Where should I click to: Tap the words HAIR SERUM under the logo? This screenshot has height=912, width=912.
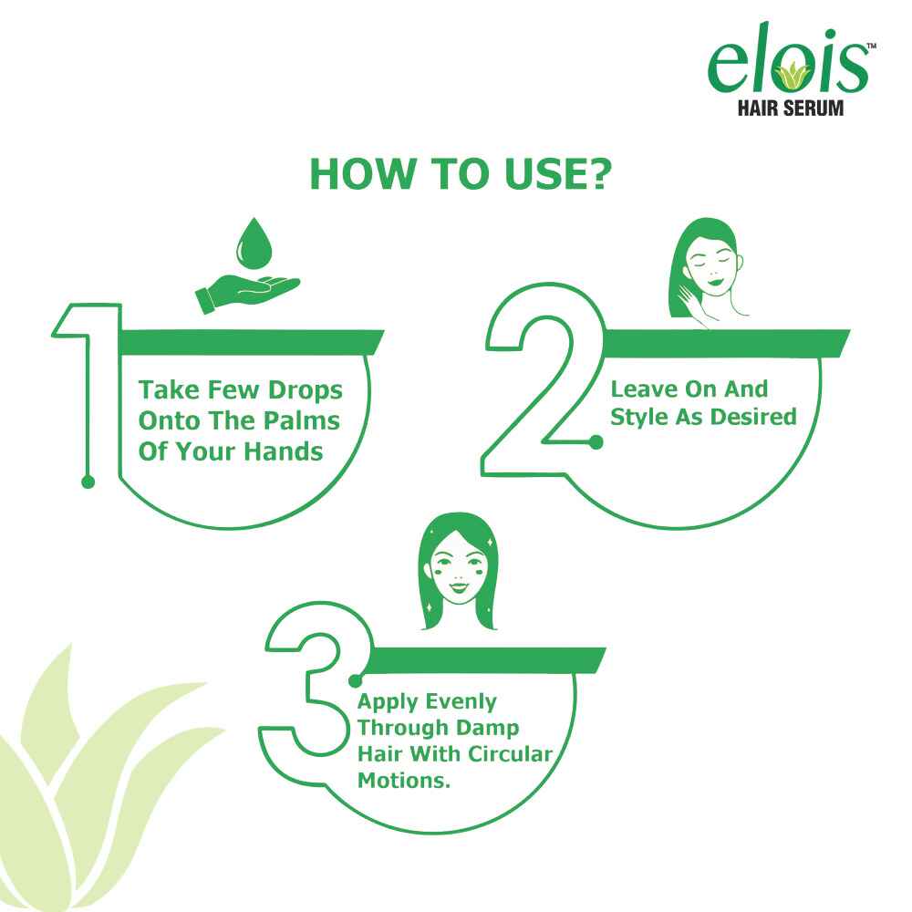tap(791, 109)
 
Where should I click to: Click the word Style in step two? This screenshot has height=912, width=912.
tap(639, 418)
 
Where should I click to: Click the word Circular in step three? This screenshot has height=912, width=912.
tap(511, 754)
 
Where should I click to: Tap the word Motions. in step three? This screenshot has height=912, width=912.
tap(404, 780)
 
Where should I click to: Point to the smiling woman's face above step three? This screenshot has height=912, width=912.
tap(459, 570)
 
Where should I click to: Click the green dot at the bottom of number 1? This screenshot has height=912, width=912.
tap(88, 482)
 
